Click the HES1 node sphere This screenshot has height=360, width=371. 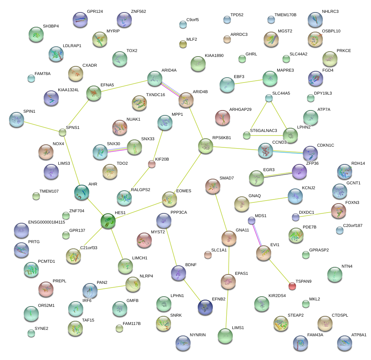108,221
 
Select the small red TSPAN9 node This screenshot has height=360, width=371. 292,286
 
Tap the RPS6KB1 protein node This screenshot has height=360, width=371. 206,146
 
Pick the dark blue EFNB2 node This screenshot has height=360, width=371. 205,307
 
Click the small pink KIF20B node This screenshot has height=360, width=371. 152,164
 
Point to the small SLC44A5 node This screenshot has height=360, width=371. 269,98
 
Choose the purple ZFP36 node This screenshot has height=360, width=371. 299,172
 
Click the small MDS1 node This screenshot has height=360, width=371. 252,220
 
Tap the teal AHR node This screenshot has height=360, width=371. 82,192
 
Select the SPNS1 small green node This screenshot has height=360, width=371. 63,132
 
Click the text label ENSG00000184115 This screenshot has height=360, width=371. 47,222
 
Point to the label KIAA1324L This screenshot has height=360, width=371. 69,90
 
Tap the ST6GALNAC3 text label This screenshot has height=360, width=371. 264,130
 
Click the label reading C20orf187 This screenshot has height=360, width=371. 353,225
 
